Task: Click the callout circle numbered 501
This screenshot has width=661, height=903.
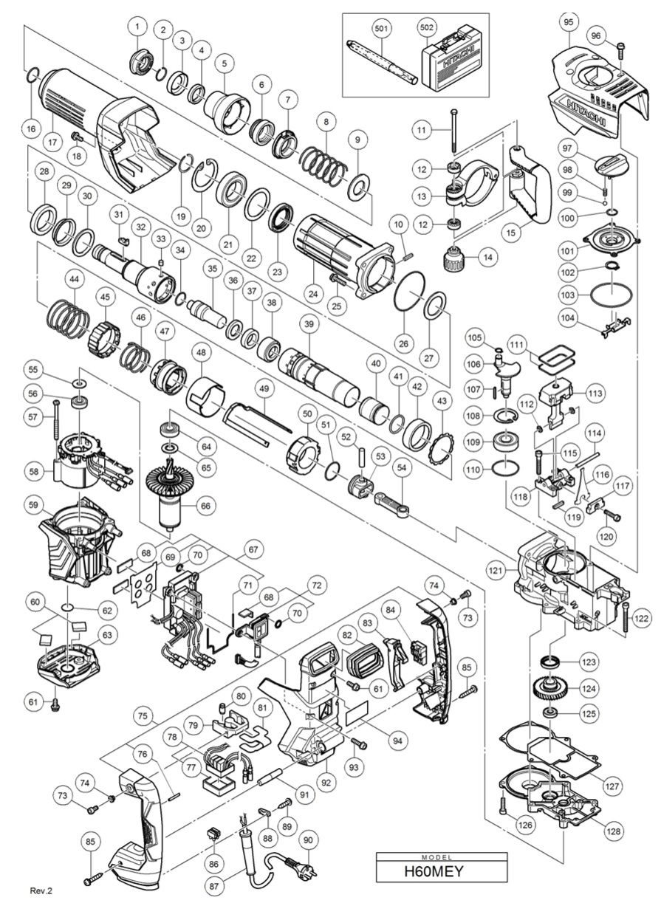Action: (x=381, y=28)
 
